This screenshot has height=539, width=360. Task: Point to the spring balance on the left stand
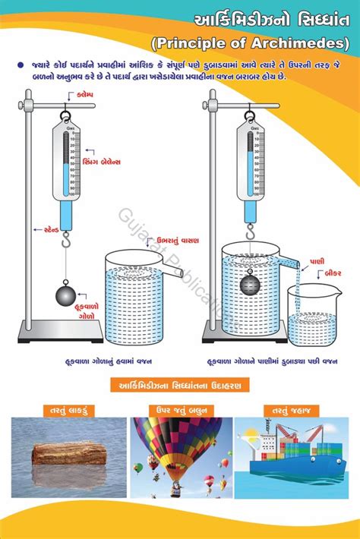[x=68, y=171]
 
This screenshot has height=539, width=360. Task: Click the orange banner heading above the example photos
[x=180, y=385]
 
